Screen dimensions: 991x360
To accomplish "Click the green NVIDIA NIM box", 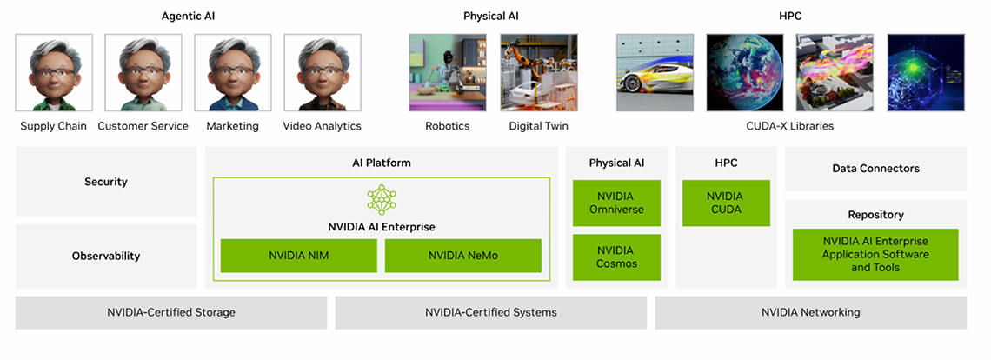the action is click(x=299, y=256).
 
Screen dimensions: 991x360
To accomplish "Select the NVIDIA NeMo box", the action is click(x=463, y=256).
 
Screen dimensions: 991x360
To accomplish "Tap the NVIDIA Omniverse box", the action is click(x=617, y=203).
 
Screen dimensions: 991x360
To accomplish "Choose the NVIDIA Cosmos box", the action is click(x=617, y=257).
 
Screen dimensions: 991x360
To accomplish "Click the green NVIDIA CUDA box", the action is click(x=726, y=203).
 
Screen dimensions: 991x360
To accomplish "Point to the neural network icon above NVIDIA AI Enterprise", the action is click(x=382, y=200).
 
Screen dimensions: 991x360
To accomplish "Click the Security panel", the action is click(x=106, y=182).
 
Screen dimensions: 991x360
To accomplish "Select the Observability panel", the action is click(x=106, y=257).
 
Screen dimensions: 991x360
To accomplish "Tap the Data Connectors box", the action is click(x=876, y=169).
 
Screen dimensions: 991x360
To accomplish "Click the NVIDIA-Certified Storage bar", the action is click(x=171, y=312).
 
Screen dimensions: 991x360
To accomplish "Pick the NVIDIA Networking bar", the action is click(x=811, y=312).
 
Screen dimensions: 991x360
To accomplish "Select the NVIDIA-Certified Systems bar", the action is click(x=491, y=312).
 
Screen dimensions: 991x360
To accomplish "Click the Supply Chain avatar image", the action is click(x=54, y=73).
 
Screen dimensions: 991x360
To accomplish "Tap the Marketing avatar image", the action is click(x=233, y=73).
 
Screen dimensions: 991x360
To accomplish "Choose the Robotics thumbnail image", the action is click(x=448, y=73).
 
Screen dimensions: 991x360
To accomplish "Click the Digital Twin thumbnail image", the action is click(x=538, y=73).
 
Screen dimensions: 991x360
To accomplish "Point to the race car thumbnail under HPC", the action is click(x=655, y=73).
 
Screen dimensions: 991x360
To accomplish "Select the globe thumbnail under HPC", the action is click(x=745, y=73).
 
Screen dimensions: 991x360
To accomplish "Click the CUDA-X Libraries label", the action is click(x=790, y=126).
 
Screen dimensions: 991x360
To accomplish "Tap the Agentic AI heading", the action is click(x=189, y=17).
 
